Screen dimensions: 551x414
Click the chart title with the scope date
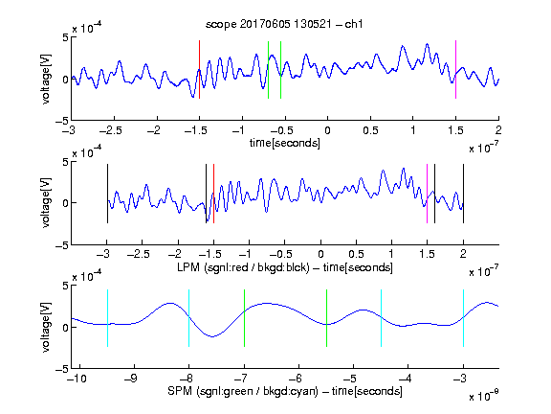(284, 24)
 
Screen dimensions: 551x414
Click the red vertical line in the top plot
(199, 69)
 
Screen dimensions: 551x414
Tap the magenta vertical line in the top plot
(455, 69)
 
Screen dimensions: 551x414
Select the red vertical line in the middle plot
(213, 194)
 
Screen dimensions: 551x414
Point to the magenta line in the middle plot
(427, 194)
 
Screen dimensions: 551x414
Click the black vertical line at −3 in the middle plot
(107, 194)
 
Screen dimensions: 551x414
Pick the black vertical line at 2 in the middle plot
(463, 194)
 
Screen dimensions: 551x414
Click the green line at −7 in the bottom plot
(244, 318)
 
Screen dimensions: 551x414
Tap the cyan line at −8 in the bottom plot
(188, 318)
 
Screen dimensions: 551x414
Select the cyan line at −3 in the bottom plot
(463, 318)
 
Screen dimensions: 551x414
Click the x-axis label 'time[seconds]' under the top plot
(285, 144)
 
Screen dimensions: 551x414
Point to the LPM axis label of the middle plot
(285, 267)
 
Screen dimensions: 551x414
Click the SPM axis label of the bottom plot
(285, 391)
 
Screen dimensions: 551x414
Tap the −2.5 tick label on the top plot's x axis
(111, 130)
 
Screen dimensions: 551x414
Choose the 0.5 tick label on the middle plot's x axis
(356, 254)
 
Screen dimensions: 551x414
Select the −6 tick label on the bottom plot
(296, 379)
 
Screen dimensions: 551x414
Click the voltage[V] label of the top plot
(46, 79)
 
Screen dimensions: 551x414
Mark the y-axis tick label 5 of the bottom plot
(65, 286)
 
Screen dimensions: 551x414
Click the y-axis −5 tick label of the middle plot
(62, 245)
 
